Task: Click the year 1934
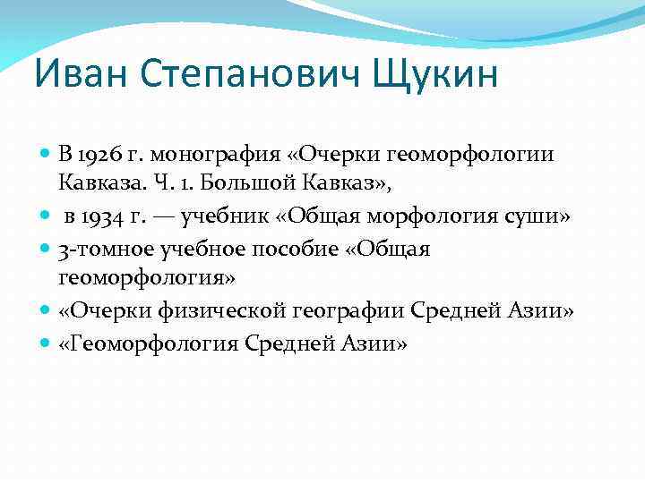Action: pyautogui.click(x=106, y=216)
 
